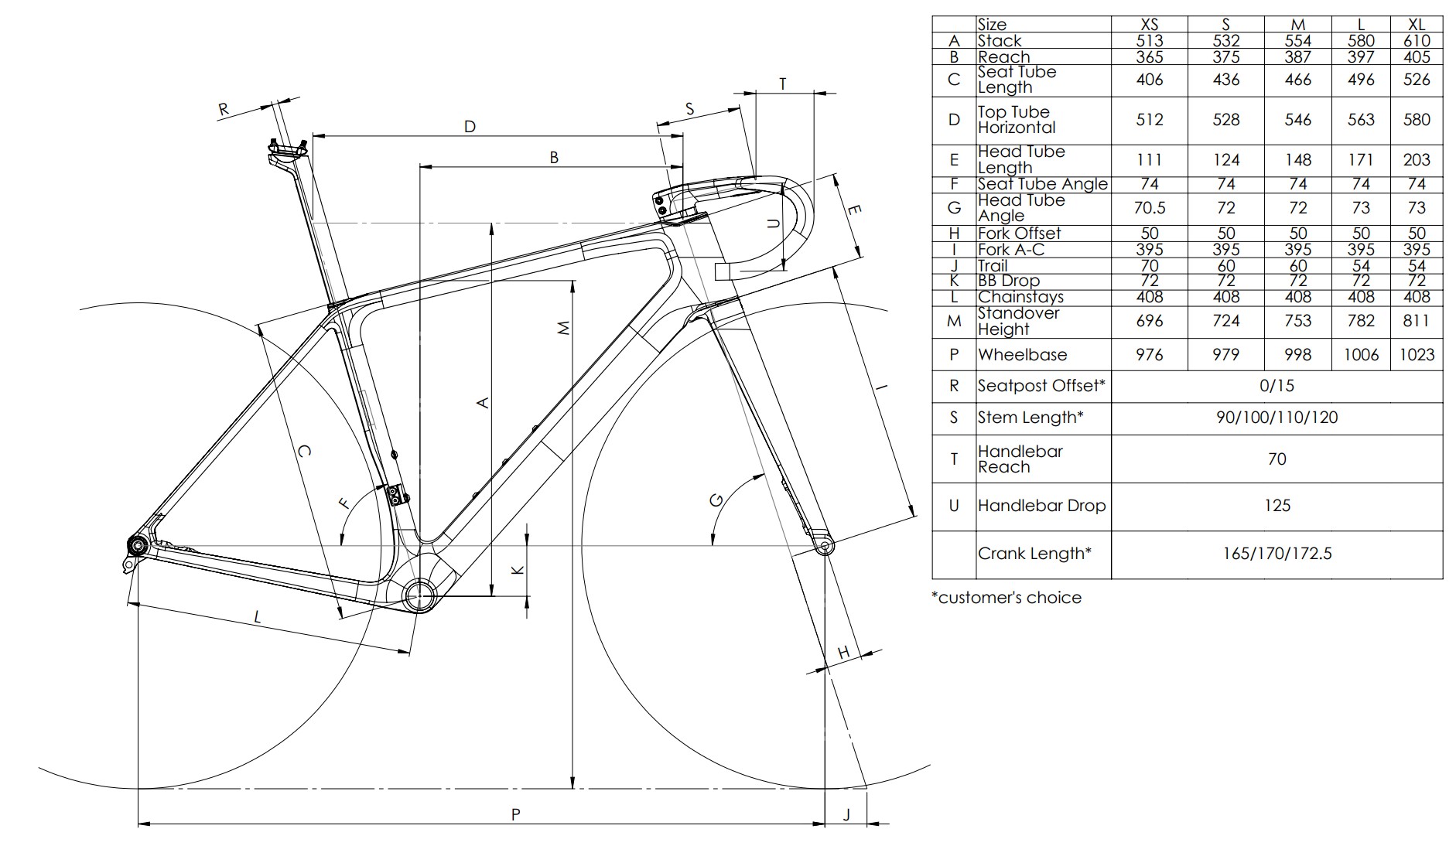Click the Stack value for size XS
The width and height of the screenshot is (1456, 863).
[x=1150, y=41]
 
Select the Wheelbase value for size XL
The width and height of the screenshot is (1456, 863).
[x=1417, y=355]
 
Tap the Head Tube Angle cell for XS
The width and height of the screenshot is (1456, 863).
[x=1150, y=208]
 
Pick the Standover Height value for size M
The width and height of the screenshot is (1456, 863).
[x=1297, y=321]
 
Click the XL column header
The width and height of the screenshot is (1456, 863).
[x=1417, y=25]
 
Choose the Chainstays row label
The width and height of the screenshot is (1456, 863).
[x=1020, y=297]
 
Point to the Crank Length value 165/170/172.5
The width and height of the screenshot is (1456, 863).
[x=1277, y=554]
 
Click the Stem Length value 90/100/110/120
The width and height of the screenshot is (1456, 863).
[x=1277, y=418]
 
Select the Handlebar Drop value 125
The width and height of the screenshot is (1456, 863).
[x=1277, y=506]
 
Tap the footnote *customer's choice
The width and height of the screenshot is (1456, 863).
[x=1007, y=598]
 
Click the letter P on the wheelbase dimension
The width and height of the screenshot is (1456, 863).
[x=516, y=814]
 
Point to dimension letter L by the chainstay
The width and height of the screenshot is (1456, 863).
[x=258, y=617]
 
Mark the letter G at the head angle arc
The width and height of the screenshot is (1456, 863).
[x=716, y=500]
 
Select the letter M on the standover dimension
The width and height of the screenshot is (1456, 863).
[x=564, y=328]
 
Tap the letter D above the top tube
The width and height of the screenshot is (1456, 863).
[x=470, y=127]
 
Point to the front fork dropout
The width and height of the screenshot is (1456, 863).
[x=825, y=547]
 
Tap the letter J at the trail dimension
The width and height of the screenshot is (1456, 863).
[x=846, y=814]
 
